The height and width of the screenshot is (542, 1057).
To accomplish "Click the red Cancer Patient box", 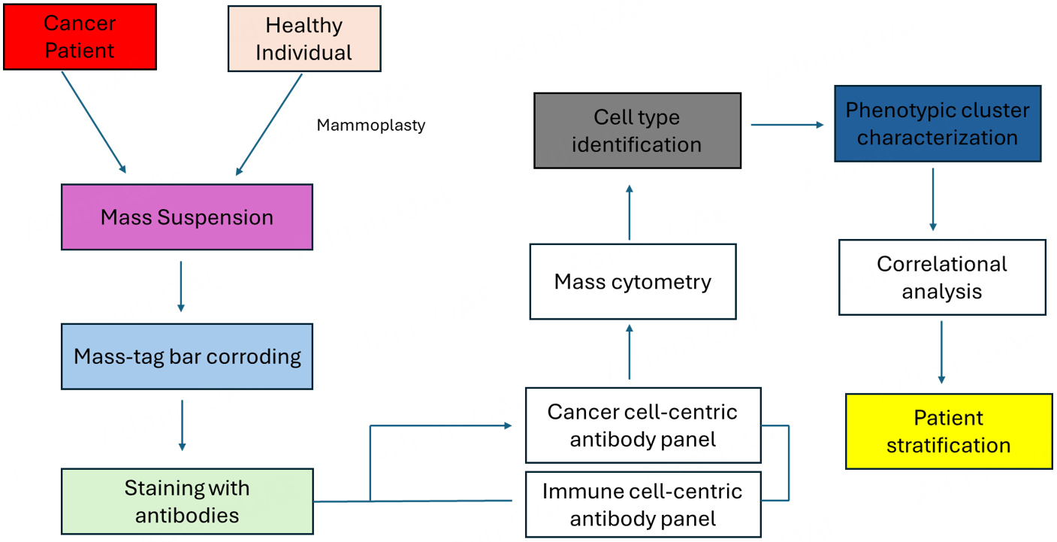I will coord(80,37).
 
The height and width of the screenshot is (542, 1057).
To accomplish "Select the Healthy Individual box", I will coord(304,38).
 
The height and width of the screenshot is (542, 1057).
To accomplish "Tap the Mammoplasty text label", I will coord(370,126).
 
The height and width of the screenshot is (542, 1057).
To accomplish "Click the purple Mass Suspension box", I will coord(187,217).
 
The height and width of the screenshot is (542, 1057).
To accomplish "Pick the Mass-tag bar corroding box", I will coord(187,356).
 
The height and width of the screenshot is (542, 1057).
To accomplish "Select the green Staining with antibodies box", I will coord(187,501).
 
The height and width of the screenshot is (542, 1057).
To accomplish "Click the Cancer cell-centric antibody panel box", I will coord(642,425).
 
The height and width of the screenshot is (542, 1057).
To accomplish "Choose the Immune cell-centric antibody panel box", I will coord(642,504).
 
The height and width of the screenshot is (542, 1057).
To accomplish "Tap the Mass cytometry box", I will coord(633,282).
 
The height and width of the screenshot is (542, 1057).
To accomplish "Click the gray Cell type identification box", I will coord(637,130).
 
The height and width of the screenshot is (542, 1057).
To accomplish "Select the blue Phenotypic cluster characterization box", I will coord(938,124).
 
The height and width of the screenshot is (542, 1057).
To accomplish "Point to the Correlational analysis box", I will coord(942,277).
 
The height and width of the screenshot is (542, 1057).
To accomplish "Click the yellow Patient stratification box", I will coord(949,431).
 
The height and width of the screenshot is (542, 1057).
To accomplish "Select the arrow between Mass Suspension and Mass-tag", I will coord(180,286).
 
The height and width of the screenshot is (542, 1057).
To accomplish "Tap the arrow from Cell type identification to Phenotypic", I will coord(787,125).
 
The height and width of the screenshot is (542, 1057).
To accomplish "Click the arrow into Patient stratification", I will coord(941,353).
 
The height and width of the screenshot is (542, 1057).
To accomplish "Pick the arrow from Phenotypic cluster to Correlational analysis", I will coord(933,199).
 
